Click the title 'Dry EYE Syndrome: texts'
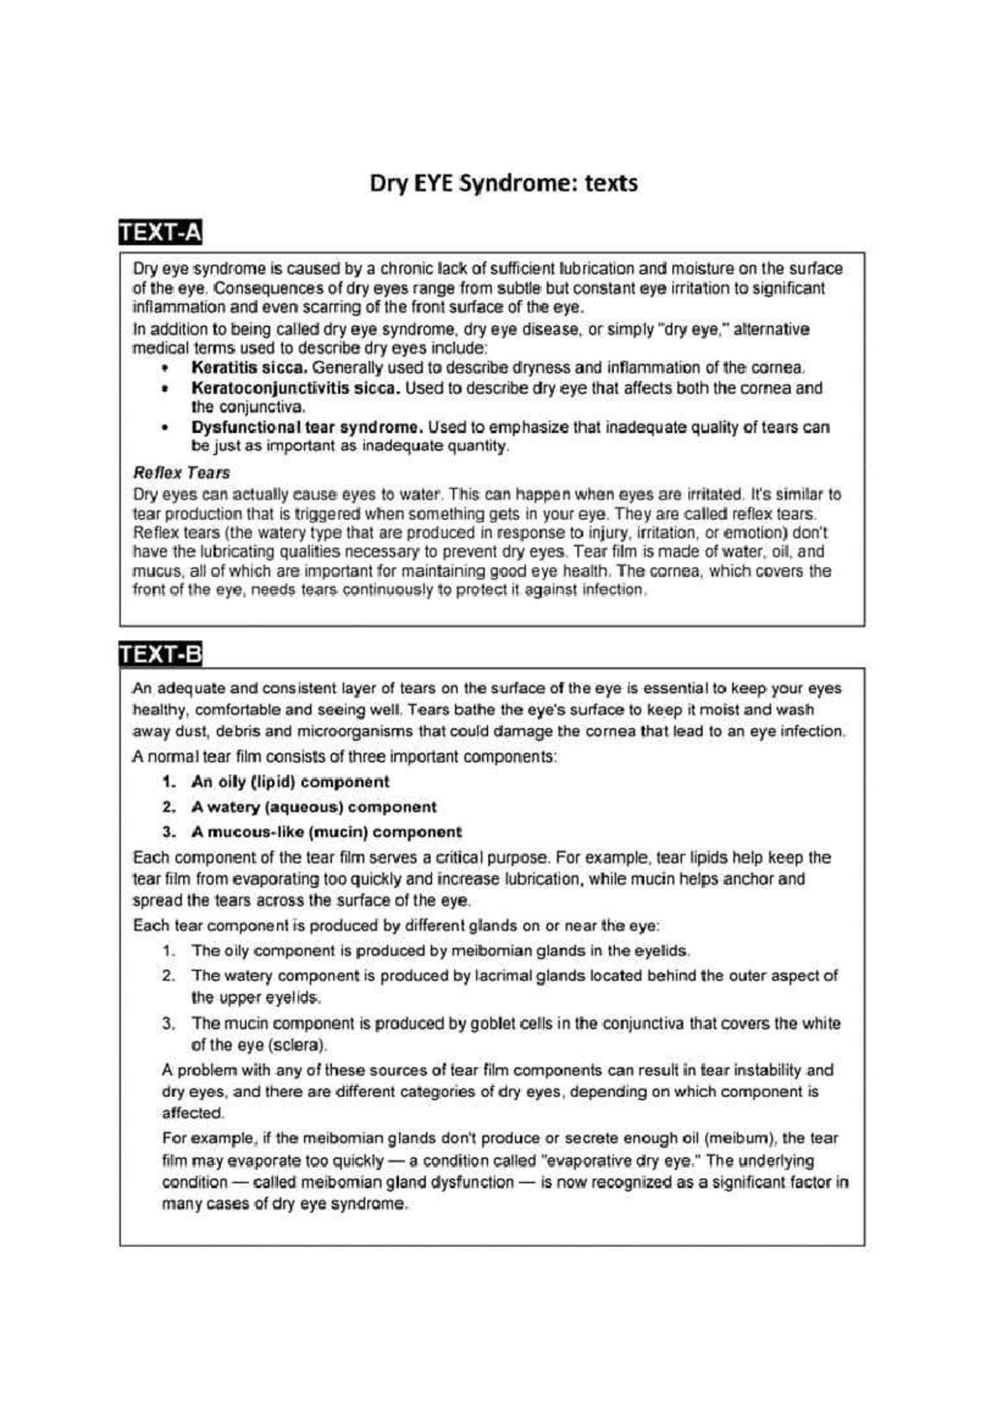(503, 183)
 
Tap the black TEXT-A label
(160, 233)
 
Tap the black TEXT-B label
(160, 653)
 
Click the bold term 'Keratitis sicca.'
(249, 368)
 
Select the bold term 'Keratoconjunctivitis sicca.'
(296, 388)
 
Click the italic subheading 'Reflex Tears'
(181, 473)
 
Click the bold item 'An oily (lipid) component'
(290, 782)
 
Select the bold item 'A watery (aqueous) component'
(313, 807)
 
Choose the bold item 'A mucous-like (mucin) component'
(326, 832)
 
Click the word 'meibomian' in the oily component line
(491, 952)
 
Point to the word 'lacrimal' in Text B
(503, 976)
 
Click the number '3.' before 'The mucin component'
(169, 1024)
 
